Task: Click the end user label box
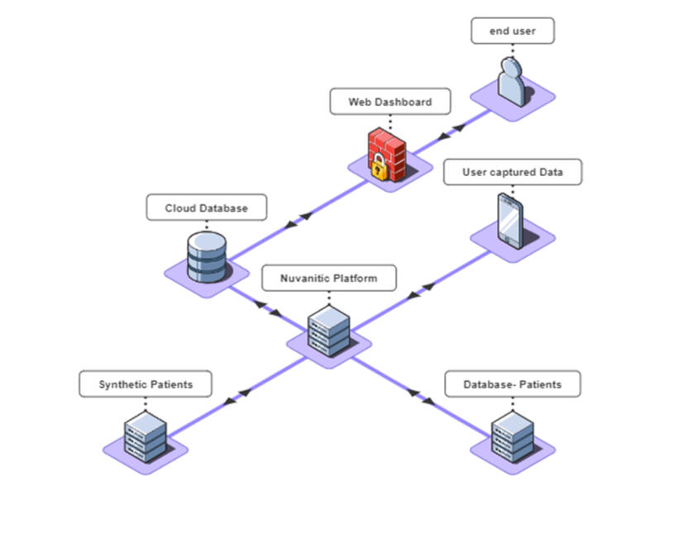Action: point(512,31)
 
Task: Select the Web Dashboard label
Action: point(390,102)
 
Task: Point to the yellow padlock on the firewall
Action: point(378,168)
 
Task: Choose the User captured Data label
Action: point(512,172)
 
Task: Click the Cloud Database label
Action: point(207,208)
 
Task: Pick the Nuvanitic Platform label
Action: point(328,278)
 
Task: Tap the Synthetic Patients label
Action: point(146,384)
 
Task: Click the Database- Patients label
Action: point(513,384)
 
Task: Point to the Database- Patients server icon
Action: point(512,436)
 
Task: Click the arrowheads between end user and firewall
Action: point(448,132)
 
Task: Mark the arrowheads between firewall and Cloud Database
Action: point(298,220)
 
